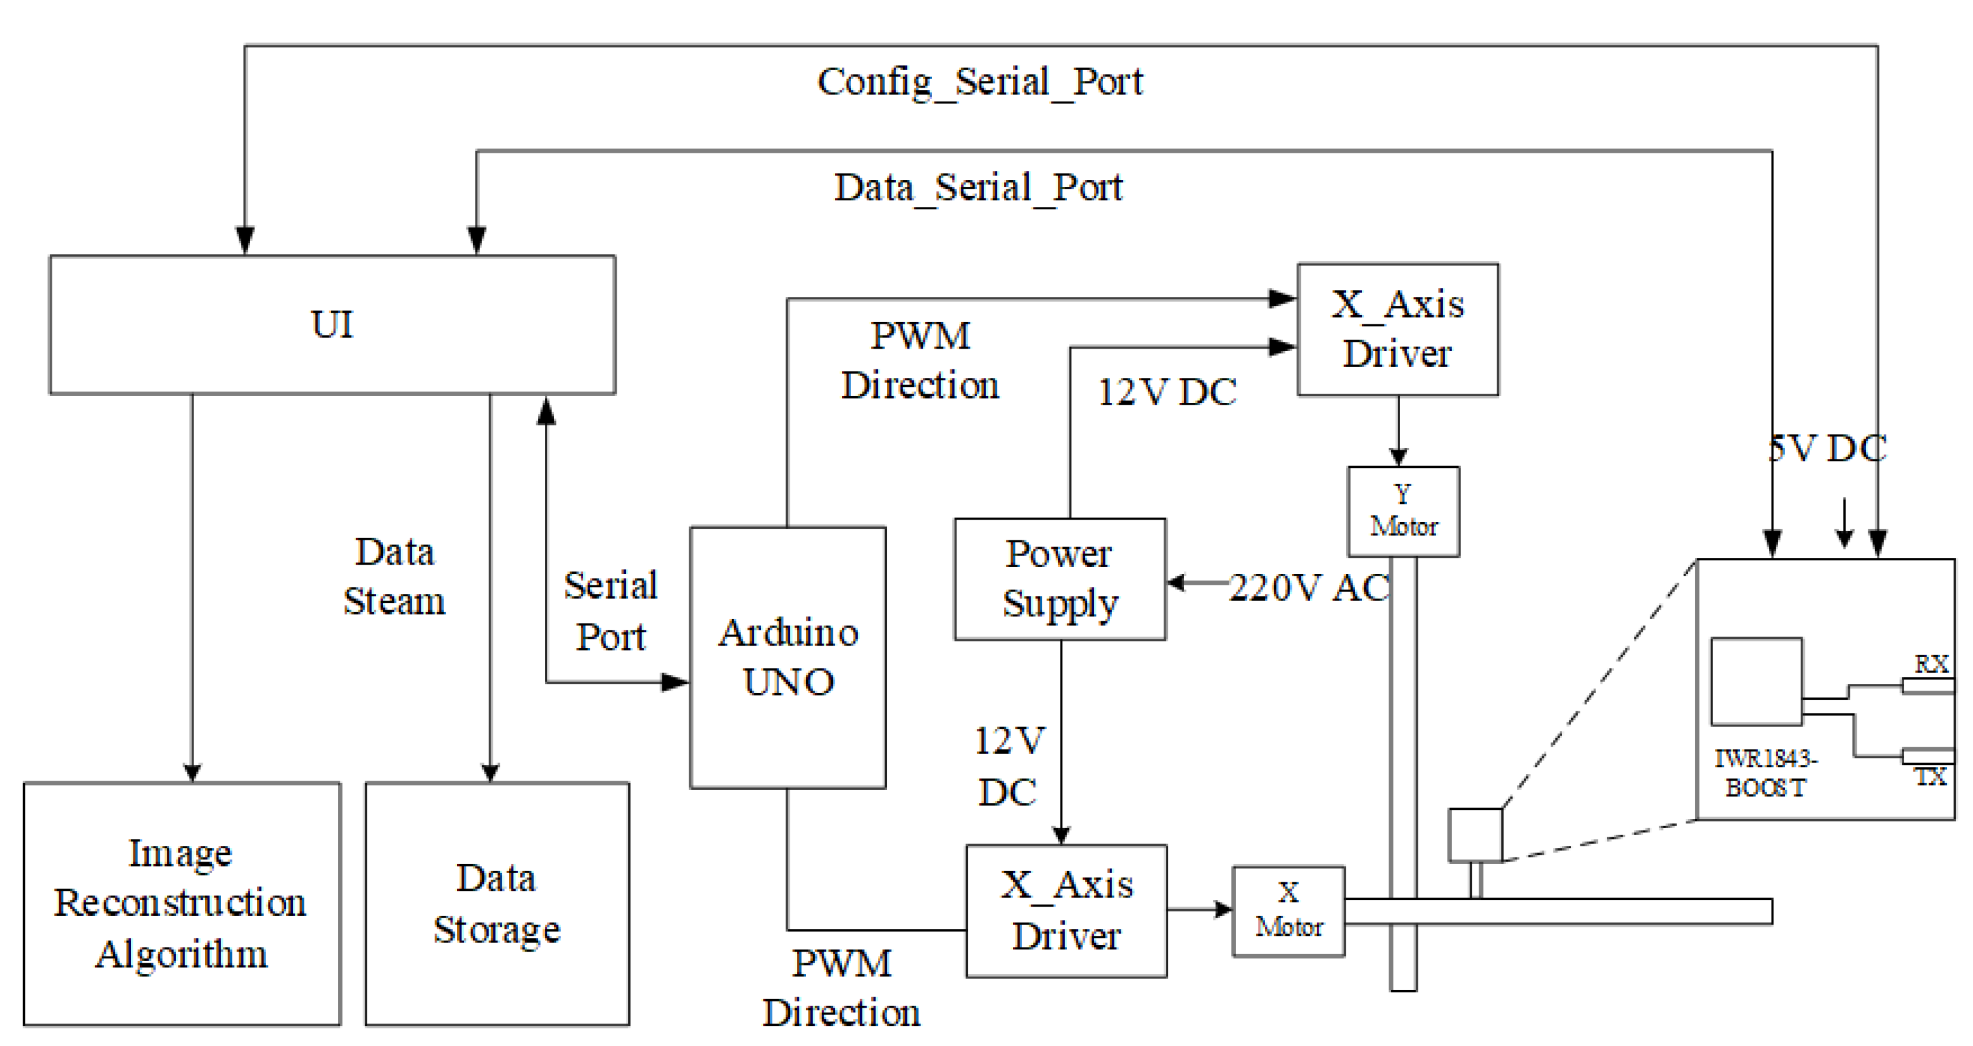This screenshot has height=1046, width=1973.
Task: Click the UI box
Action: tap(332, 325)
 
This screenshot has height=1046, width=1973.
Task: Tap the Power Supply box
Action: tap(1059, 579)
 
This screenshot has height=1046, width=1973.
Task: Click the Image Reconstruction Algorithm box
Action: tap(181, 903)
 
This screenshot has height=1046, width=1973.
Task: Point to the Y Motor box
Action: tap(1403, 511)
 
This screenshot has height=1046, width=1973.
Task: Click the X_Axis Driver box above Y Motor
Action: tap(1397, 329)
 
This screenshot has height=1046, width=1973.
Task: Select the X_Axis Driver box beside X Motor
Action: tap(1066, 910)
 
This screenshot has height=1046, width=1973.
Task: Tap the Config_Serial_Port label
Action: tap(979, 82)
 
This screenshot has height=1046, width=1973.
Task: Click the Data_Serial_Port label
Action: tap(978, 187)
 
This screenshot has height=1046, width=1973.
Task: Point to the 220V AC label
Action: tap(1309, 588)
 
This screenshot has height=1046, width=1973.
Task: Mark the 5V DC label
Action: tap(1828, 448)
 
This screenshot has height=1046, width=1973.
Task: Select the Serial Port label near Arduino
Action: tap(611, 610)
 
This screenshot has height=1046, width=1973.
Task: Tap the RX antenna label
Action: tap(1931, 663)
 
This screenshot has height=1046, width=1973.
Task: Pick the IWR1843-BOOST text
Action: tap(1765, 773)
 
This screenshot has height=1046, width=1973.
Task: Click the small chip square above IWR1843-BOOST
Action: tap(1756, 681)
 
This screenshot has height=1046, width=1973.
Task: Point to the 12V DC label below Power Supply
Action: tap(1009, 765)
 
